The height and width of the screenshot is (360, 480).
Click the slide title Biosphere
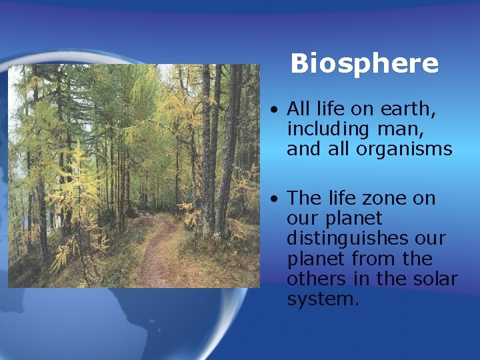click(x=365, y=64)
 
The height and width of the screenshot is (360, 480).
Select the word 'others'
click(x=313, y=279)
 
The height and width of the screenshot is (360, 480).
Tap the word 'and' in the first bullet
click(x=303, y=149)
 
